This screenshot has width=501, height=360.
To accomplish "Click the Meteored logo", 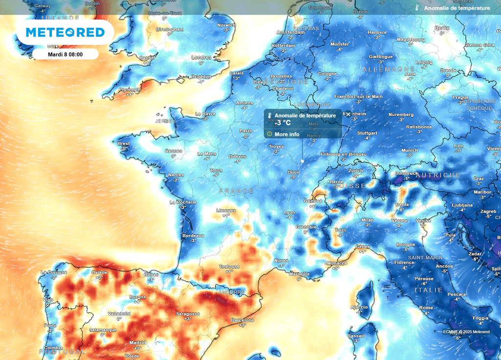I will [x=65, y=32].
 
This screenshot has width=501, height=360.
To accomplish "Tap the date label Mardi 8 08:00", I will [x=65, y=54].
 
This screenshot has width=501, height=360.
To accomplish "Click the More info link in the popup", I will [x=287, y=134].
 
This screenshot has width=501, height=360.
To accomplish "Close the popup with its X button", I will [x=348, y=115].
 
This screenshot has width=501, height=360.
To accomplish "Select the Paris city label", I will [x=246, y=131].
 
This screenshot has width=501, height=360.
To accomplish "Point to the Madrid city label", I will [x=137, y=342].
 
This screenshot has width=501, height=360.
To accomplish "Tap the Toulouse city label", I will [x=229, y=267].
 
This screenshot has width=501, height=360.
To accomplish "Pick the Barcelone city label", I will [x=242, y=320].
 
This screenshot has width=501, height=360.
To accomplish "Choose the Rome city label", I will [x=426, y=308].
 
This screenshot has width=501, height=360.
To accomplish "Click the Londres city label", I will [x=201, y=57].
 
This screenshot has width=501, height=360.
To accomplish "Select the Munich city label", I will [x=410, y=150].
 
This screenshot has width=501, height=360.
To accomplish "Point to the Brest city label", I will [x=124, y=143].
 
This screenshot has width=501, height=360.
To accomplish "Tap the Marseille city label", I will [x=299, y=274].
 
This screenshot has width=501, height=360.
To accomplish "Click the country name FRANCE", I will [x=236, y=191].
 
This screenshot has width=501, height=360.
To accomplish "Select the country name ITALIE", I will [x=429, y=290].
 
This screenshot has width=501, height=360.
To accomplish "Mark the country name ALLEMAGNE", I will [x=388, y=70].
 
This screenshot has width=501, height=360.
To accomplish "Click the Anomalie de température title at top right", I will [x=456, y=8].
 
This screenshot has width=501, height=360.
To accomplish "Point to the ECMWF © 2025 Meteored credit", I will [x=466, y=332].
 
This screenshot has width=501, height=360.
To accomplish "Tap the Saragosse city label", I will [x=187, y=314].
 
